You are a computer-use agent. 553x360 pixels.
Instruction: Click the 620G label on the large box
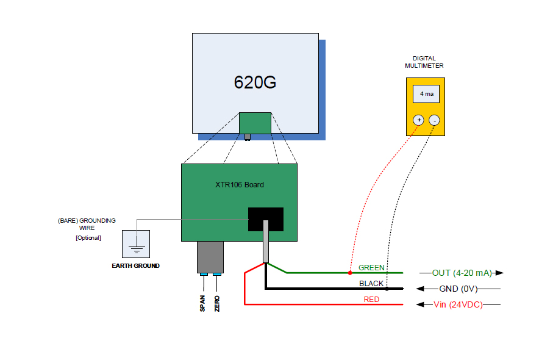coord(255,83)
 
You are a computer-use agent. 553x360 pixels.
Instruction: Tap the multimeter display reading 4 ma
coord(426,94)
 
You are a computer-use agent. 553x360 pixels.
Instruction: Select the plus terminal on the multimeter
coord(418,120)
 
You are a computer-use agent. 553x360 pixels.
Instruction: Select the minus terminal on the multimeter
coord(433,120)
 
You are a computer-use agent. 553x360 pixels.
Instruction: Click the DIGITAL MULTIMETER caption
coord(424,62)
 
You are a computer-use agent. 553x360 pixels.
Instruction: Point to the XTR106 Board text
coord(239,184)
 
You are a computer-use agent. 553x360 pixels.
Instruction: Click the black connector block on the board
coord(266,219)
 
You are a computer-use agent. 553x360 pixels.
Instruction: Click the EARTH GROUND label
coord(136,266)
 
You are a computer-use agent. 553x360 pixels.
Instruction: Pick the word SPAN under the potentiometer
coord(202,303)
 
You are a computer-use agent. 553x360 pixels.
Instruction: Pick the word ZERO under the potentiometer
coord(217,303)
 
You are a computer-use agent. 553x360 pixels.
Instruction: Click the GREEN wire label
coord(371,268)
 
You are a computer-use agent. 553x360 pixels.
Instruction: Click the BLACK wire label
coord(371,284)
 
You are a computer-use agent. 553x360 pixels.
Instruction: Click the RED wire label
coord(371,300)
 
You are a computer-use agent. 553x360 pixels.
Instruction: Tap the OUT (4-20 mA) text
coord(462,273)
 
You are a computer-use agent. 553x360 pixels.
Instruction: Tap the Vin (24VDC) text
coord(457,304)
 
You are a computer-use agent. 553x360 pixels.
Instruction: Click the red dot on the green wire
coord(349,272)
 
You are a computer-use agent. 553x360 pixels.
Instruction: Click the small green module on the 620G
coord(255,123)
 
